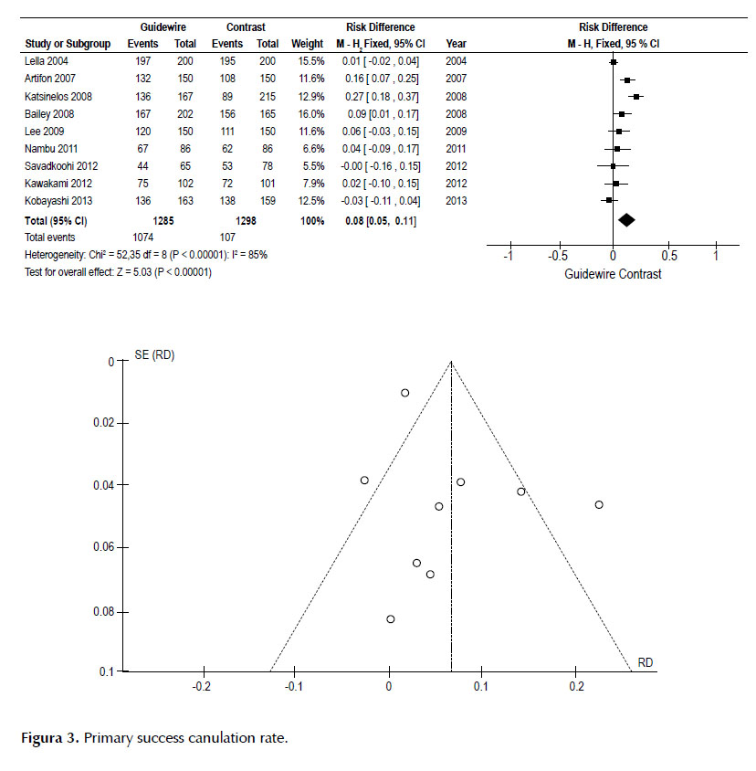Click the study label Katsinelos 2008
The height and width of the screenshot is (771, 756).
click(x=58, y=97)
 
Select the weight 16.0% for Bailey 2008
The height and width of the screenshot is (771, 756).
click(x=311, y=114)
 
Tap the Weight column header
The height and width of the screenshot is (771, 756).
click(x=307, y=44)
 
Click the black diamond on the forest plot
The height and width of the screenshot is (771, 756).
click(x=626, y=220)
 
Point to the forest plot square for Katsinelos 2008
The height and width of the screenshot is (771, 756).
click(x=636, y=97)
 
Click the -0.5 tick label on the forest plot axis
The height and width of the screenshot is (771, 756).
click(x=558, y=256)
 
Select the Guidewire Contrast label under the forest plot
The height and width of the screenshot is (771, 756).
click(x=613, y=274)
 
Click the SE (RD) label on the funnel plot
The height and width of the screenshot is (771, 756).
click(x=154, y=355)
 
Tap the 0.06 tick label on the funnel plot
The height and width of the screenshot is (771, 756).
click(x=104, y=547)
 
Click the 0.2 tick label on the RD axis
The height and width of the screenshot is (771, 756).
click(x=576, y=686)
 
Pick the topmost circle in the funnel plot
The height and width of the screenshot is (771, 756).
click(x=405, y=393)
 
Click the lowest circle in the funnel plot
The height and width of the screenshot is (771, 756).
click(x=391, y=619)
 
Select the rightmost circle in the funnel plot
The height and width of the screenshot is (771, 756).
click(x=599, y=504)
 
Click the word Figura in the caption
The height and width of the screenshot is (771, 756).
click(x=42, y=738)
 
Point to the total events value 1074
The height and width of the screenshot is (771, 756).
click(x=143, y=238)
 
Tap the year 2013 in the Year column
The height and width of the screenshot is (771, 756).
click(x=457, y=201)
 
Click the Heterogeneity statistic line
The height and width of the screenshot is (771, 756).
click(x=146, y=255)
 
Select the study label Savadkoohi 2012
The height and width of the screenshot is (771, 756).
click(x=61, y=166)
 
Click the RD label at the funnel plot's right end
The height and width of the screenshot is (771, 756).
click(x=645, y=662)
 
